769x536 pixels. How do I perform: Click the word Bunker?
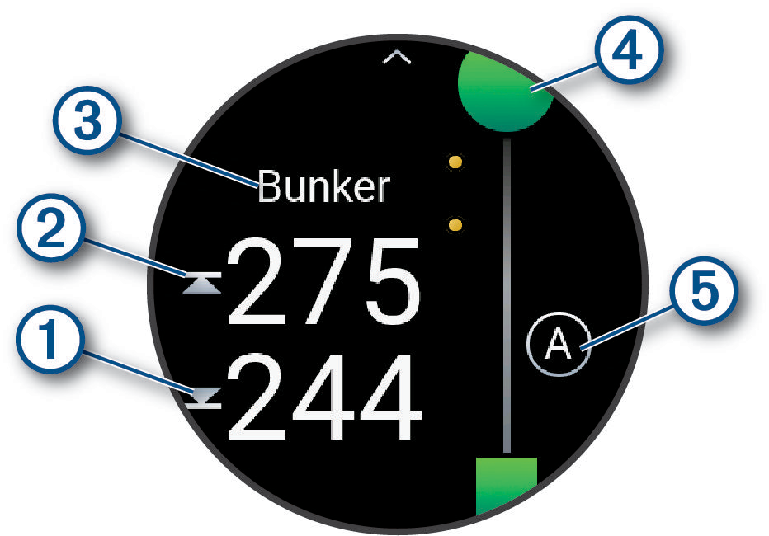[x=323, y=188]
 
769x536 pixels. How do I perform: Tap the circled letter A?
[x=559, y=346]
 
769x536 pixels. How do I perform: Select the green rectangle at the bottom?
[x=507, y=487]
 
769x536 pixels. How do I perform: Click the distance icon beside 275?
[x=203, y=284]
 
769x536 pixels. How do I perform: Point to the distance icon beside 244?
[x=203, y=400]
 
